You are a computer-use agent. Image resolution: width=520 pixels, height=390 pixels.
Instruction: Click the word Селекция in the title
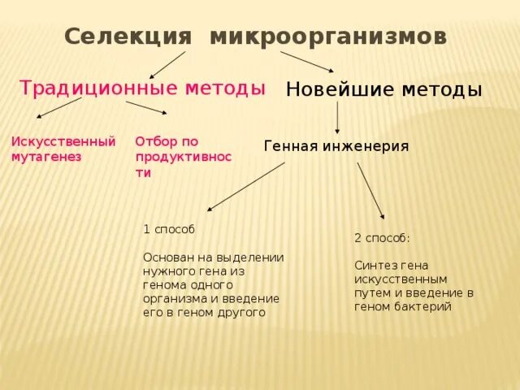[128, 37]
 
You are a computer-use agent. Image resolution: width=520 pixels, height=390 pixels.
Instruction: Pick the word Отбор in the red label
[152, 141]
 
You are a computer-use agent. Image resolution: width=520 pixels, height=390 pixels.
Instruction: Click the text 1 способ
[168, 230]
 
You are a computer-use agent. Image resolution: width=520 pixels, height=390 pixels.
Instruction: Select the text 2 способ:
[382, 238]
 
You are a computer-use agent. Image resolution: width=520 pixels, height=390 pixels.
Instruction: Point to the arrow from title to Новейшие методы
[307, 62]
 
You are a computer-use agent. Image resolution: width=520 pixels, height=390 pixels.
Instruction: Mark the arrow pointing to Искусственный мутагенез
[59, 108]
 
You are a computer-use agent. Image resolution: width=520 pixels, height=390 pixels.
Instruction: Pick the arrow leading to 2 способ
[370, 190]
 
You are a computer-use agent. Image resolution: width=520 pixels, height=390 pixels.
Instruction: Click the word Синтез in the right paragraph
[373, 265]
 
